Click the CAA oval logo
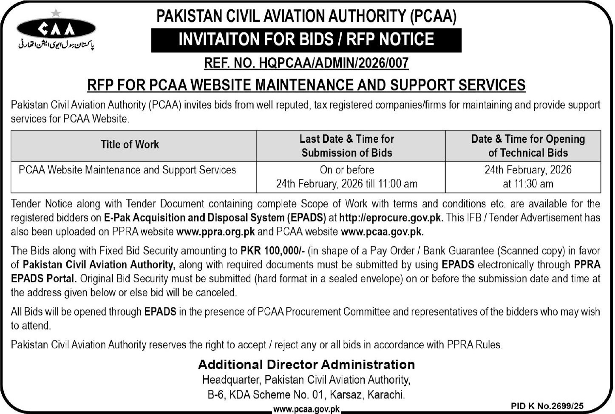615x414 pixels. coord(56,29)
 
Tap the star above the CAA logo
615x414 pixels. coord(56,13)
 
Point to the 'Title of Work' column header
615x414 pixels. coord(130,145)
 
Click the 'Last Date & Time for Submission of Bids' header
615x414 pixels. coord(347,145)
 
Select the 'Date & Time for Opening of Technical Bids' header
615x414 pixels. coord(528,145)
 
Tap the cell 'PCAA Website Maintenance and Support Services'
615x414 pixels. coord(127,170)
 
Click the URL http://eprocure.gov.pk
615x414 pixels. coord(391,218)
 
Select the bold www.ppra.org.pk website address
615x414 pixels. coord(215,232)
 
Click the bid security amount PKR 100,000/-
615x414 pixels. coord(273,250)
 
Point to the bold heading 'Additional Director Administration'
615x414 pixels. coord(306,364)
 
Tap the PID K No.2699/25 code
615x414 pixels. coord(547,406)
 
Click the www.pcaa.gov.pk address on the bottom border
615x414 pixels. coord(306,409)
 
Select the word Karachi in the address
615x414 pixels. coord(385,394)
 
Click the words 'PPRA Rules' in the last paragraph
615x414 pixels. coord(474,344)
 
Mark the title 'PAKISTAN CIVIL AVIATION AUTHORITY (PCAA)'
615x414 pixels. coord(306,16)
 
